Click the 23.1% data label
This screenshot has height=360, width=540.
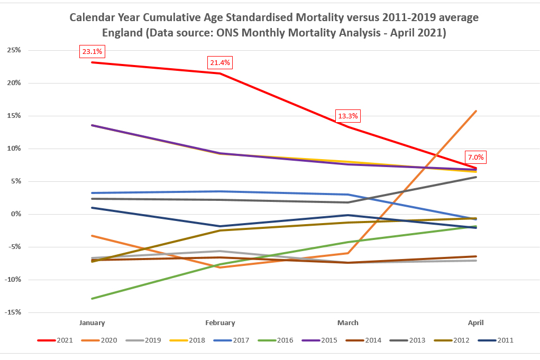tap(93, 52)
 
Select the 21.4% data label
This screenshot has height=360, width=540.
tap(220, 63)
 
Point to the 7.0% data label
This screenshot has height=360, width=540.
tap(475, 158)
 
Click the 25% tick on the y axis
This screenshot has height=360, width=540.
tap(13, 50)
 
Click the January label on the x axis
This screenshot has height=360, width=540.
tap(92, 322)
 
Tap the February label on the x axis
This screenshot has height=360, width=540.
tap(220, 322)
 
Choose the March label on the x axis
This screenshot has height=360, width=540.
tap(348, 322)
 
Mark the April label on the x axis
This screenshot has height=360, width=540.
tap(475, 322)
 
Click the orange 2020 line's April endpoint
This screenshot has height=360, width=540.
tap(477, 111)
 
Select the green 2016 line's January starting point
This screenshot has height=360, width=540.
tap(93, 299)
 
